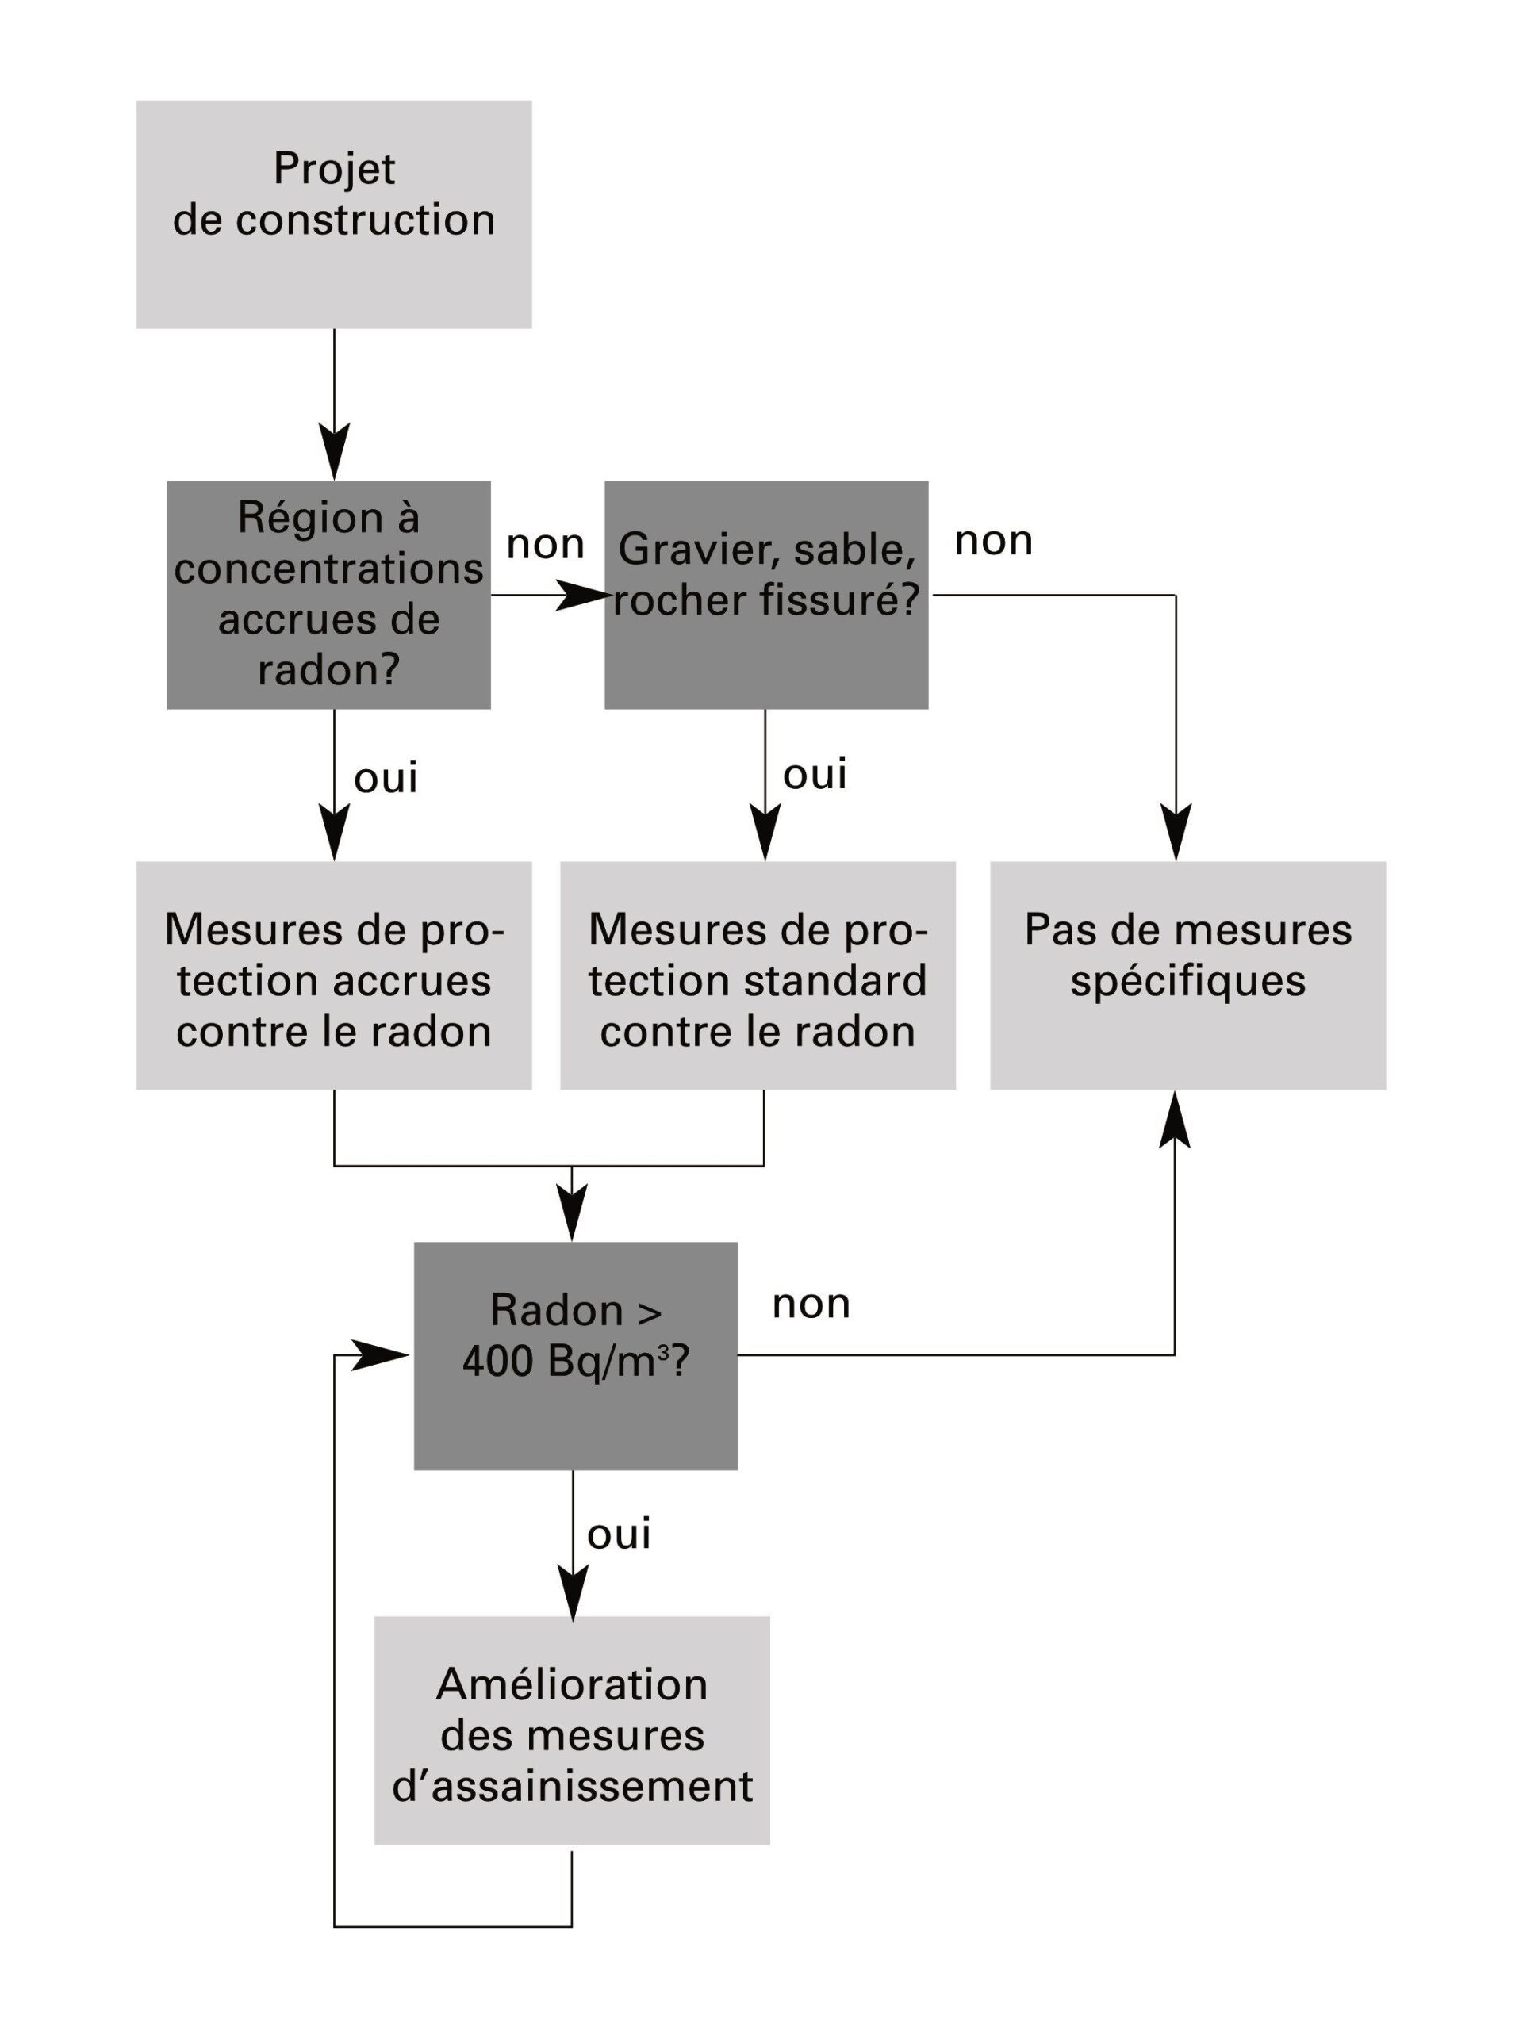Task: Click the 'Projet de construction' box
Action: tap(334, 214)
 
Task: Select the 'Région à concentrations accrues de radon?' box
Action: tap(328, 595)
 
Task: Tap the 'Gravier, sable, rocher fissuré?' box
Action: tap(766, 595)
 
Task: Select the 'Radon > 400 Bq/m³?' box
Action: tap(576, 1356)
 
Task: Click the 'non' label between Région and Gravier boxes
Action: tap(545, 545)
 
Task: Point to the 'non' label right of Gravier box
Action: tap(994, 542)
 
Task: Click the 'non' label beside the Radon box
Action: tap(811, 1305)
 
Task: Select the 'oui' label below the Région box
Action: tap(386, 778)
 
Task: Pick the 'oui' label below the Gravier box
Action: tap(815, 775)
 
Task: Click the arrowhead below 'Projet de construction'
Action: tap(334, 451)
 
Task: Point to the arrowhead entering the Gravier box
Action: tap(584, 596)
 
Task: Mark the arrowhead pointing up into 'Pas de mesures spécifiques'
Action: tap(1175, 1118)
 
